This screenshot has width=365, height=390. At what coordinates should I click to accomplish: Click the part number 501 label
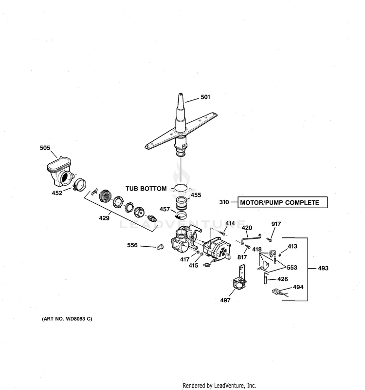205,97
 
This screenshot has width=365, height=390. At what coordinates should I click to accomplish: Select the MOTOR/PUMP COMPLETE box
283,202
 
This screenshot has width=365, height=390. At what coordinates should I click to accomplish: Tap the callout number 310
224,202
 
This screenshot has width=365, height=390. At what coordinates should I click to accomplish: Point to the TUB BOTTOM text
146,189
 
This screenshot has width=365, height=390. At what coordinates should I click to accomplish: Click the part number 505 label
45,148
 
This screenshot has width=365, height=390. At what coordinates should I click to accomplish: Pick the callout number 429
104,218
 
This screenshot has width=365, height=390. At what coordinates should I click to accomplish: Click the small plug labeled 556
161,247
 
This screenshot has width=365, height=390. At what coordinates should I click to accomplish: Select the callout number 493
323,268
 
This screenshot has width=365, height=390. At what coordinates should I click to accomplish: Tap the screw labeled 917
269,240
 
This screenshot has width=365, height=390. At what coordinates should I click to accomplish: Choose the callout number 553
292,268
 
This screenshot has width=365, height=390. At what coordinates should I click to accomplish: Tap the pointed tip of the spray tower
181,94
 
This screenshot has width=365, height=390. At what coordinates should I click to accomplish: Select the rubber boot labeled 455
182,203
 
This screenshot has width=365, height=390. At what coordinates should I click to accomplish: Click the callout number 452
57,193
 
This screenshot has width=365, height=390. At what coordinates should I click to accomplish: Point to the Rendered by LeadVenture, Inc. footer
219,386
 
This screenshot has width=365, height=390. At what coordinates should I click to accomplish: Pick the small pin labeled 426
266,278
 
